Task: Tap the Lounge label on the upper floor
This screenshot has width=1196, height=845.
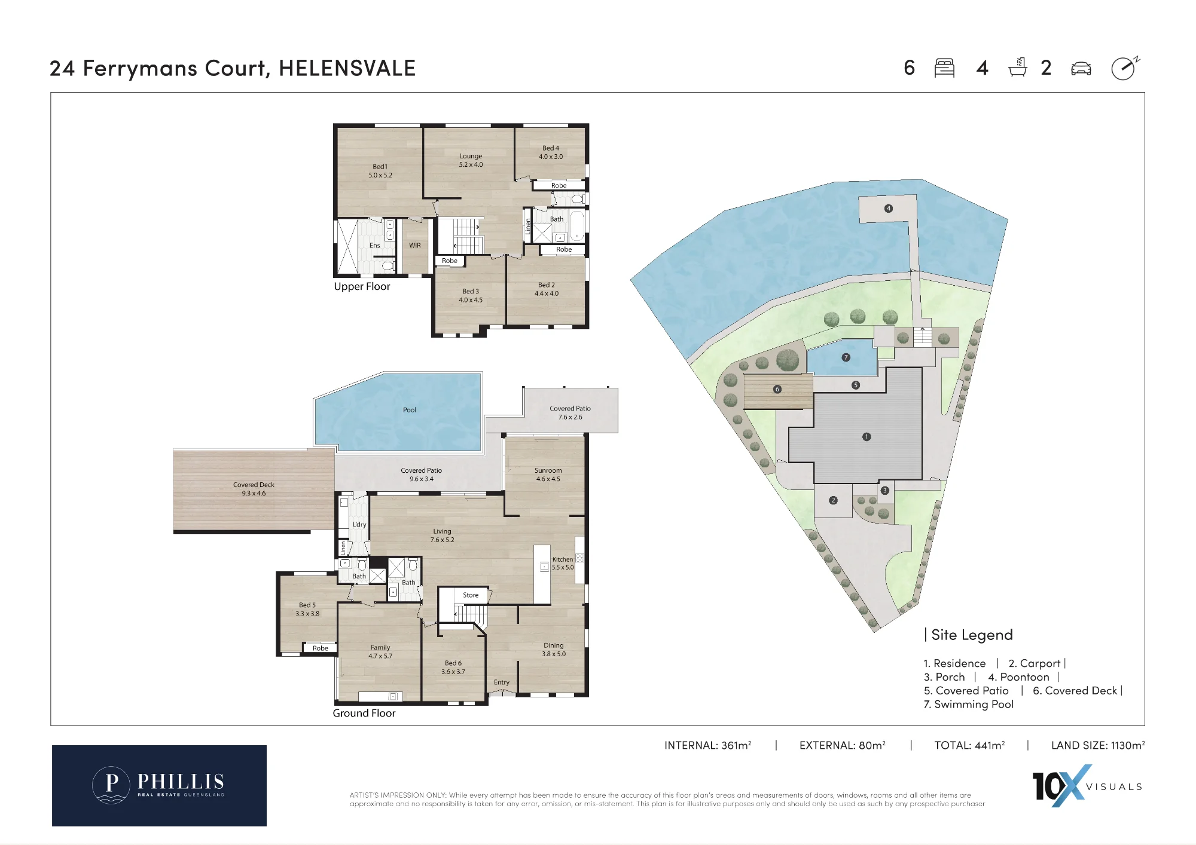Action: (x=471, y=156)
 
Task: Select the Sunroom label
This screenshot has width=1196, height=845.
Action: (x=548, y=470)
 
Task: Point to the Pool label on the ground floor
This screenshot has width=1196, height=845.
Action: (x=409, y=410)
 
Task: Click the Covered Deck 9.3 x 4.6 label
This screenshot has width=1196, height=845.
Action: (x=254, y=489)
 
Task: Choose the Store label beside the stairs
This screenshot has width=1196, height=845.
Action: (x=471, y=595)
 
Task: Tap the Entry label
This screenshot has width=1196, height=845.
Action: (x=502, y=682)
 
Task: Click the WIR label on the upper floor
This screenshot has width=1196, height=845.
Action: (x=415, y=246)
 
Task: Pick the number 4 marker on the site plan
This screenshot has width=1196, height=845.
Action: (x=889, y=209)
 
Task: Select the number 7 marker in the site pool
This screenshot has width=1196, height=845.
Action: (x=846, y=357)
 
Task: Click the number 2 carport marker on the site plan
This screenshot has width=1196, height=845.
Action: (x=833, y=500)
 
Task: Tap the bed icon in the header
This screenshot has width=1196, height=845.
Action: (x=944, y=68)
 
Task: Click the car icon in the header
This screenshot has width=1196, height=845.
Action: (x=1081, y=69)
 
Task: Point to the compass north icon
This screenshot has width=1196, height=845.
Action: (x=1125, y=68)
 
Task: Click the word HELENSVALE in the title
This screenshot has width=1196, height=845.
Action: (x=347, y=68)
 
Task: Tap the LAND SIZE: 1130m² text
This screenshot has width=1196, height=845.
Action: (x=1098, y=745)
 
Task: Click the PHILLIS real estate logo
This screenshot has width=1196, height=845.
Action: (x=159, y=785)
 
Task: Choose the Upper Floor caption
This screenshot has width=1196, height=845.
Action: (x=362, y=287)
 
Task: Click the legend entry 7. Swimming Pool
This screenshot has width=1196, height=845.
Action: (x=968, y=705)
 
